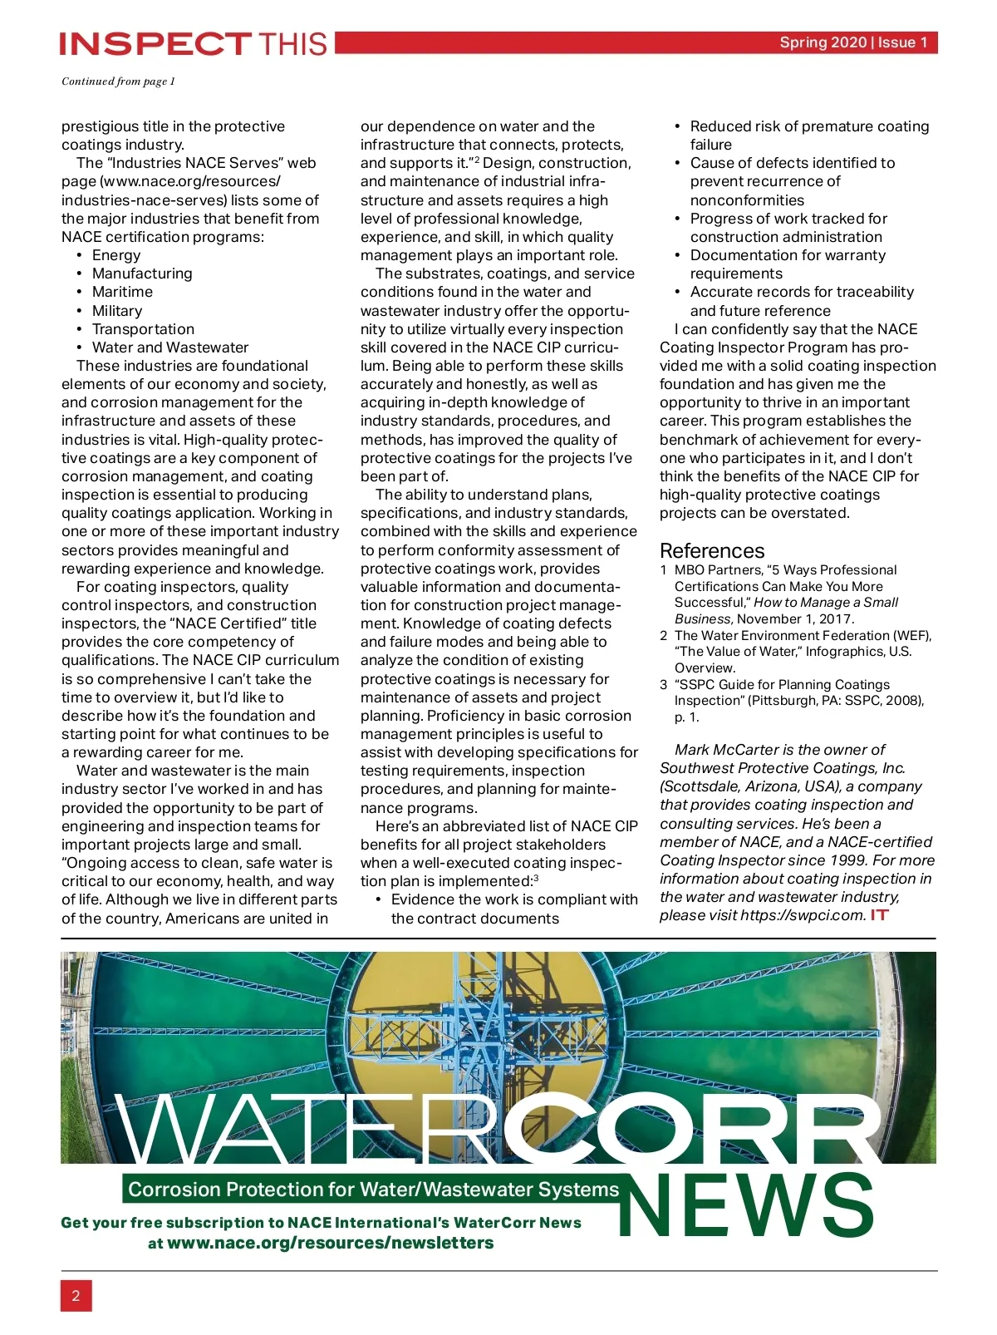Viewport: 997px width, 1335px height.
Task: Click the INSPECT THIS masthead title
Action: (x=194, y=43)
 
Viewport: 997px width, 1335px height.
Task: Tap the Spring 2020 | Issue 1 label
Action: (x=853, y=42)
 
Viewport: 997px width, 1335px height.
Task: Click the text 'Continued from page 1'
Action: (x=118, y=81)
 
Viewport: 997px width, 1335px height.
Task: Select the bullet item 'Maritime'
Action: (x=122, y=292)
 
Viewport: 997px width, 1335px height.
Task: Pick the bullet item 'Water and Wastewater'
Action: (x=170, y=347)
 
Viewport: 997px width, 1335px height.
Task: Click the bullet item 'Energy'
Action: (x=116, y=255)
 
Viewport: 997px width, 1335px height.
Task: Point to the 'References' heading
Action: (x=711, y=550)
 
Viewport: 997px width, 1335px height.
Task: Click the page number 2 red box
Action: (x=76, y=1295)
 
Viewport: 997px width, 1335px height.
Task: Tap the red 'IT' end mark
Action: (x=879, y=915)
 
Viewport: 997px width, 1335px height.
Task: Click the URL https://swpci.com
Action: (x=803, y=915)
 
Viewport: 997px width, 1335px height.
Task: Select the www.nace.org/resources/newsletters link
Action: (x=330, y=1243)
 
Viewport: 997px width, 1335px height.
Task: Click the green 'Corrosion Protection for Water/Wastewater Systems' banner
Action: (x=373, y=1190)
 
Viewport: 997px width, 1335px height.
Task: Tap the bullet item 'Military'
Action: (x=117, y=311)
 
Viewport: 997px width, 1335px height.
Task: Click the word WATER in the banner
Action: (x=307, y=1131)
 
